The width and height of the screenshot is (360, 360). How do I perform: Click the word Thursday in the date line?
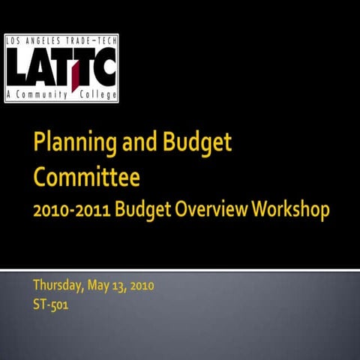click(57, 286)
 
